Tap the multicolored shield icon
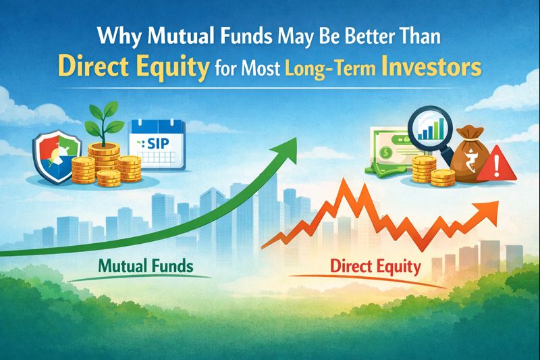click(x=58, y=156)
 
